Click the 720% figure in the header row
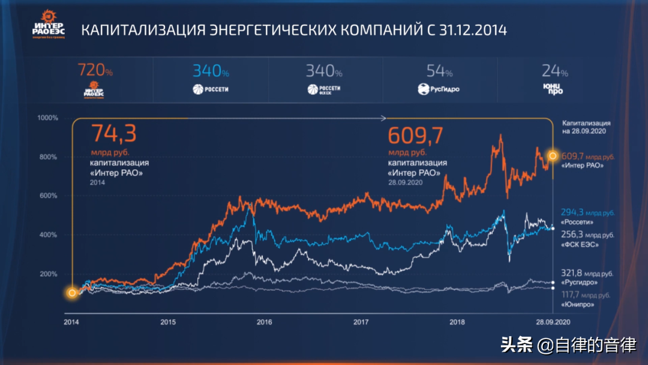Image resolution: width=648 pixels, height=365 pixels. pyautogui.click(x=95, y=71)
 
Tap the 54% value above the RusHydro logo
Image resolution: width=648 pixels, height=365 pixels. pyautogui.click(x=440, y=71)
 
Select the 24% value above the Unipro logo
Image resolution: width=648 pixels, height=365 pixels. pyautogui.click(x=554, y=71)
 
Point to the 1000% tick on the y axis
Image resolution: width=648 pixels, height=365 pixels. pyautogui.click(x=47, y=118)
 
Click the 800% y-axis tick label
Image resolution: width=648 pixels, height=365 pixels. pyautogui.click(x=47, y=157)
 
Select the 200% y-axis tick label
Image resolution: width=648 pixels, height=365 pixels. pyautogui.click(x=47, y=274)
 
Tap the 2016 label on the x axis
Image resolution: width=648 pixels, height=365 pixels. pyautogui.click(x=264, y=322)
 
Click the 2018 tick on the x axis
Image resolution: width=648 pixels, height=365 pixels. pyautogui.click(x=457, y=322)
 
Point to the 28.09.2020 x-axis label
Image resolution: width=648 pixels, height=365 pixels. pyautogui.click(x=553, y=322)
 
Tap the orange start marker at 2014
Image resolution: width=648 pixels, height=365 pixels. pyautogui.click(x=72, y=293)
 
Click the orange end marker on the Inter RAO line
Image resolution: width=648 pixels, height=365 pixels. pyautogui.click(x=553, y=156)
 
